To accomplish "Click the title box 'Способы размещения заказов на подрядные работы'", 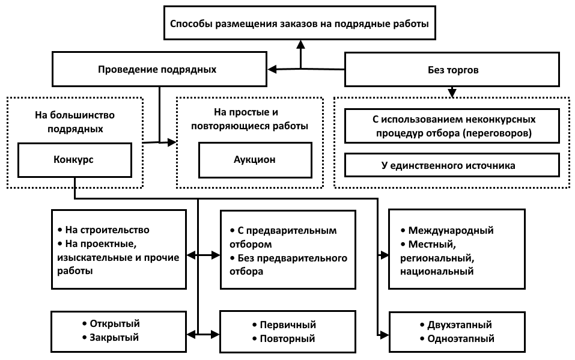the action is point(300,23).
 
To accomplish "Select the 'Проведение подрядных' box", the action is point(159,69).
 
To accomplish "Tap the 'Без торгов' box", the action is point(452,69).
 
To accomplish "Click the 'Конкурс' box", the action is point(75,160).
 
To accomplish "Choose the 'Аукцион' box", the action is point(255,160).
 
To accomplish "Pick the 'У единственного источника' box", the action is point(452,165).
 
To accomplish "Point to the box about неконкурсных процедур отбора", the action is point(452,126).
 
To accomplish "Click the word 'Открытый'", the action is point(115,324).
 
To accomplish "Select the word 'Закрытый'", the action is point(114,338).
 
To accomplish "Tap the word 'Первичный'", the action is point(288,325).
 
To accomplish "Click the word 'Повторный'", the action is point(287,338).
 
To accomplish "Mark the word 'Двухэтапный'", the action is point(460,325).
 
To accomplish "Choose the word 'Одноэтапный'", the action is point(461,338).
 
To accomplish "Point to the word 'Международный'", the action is point(451,230).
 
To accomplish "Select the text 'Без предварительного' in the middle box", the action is point(292,258).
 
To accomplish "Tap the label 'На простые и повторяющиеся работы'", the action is point(249,119).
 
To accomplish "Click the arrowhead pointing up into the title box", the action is point(300,44).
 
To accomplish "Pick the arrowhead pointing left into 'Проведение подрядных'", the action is point(272,69).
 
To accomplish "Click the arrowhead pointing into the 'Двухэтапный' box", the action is point(384,335).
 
